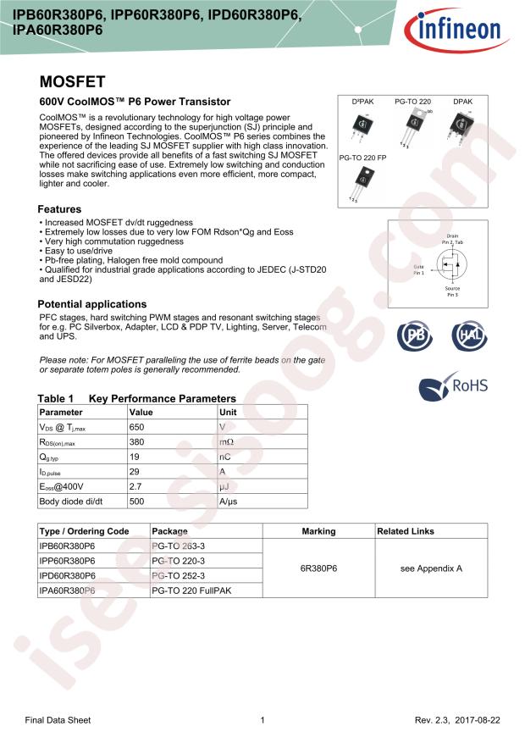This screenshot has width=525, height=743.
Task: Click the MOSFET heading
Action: pyautogui.click(x=73, y=82)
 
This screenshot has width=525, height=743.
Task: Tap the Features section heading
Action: pyautogui.click(x=60, y=209)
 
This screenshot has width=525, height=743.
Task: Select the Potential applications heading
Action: pyautogui.click(x=92, y=304)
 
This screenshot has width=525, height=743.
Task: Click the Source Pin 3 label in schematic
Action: pyautogui.click(x=452, y=292)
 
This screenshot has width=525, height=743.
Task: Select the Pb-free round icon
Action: pyautogui.click(x=416, y=336)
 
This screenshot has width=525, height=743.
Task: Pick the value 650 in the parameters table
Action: pyautogui.click(x=137, y=427)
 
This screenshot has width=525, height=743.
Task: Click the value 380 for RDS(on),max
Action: pyautogui.click(x=137, y=442)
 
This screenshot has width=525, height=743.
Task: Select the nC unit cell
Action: pyautogui.click(x=226, y=457)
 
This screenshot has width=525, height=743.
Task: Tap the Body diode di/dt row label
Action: pyautogui.click(x=72, y=502)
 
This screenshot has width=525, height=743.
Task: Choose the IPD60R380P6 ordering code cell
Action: pyautogui.click(x=68, y=575)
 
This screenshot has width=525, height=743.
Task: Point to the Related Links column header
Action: pyautogui.click(x=406, y=531)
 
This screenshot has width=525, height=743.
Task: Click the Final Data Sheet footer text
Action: pyautogui.click(x=58, y=720)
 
